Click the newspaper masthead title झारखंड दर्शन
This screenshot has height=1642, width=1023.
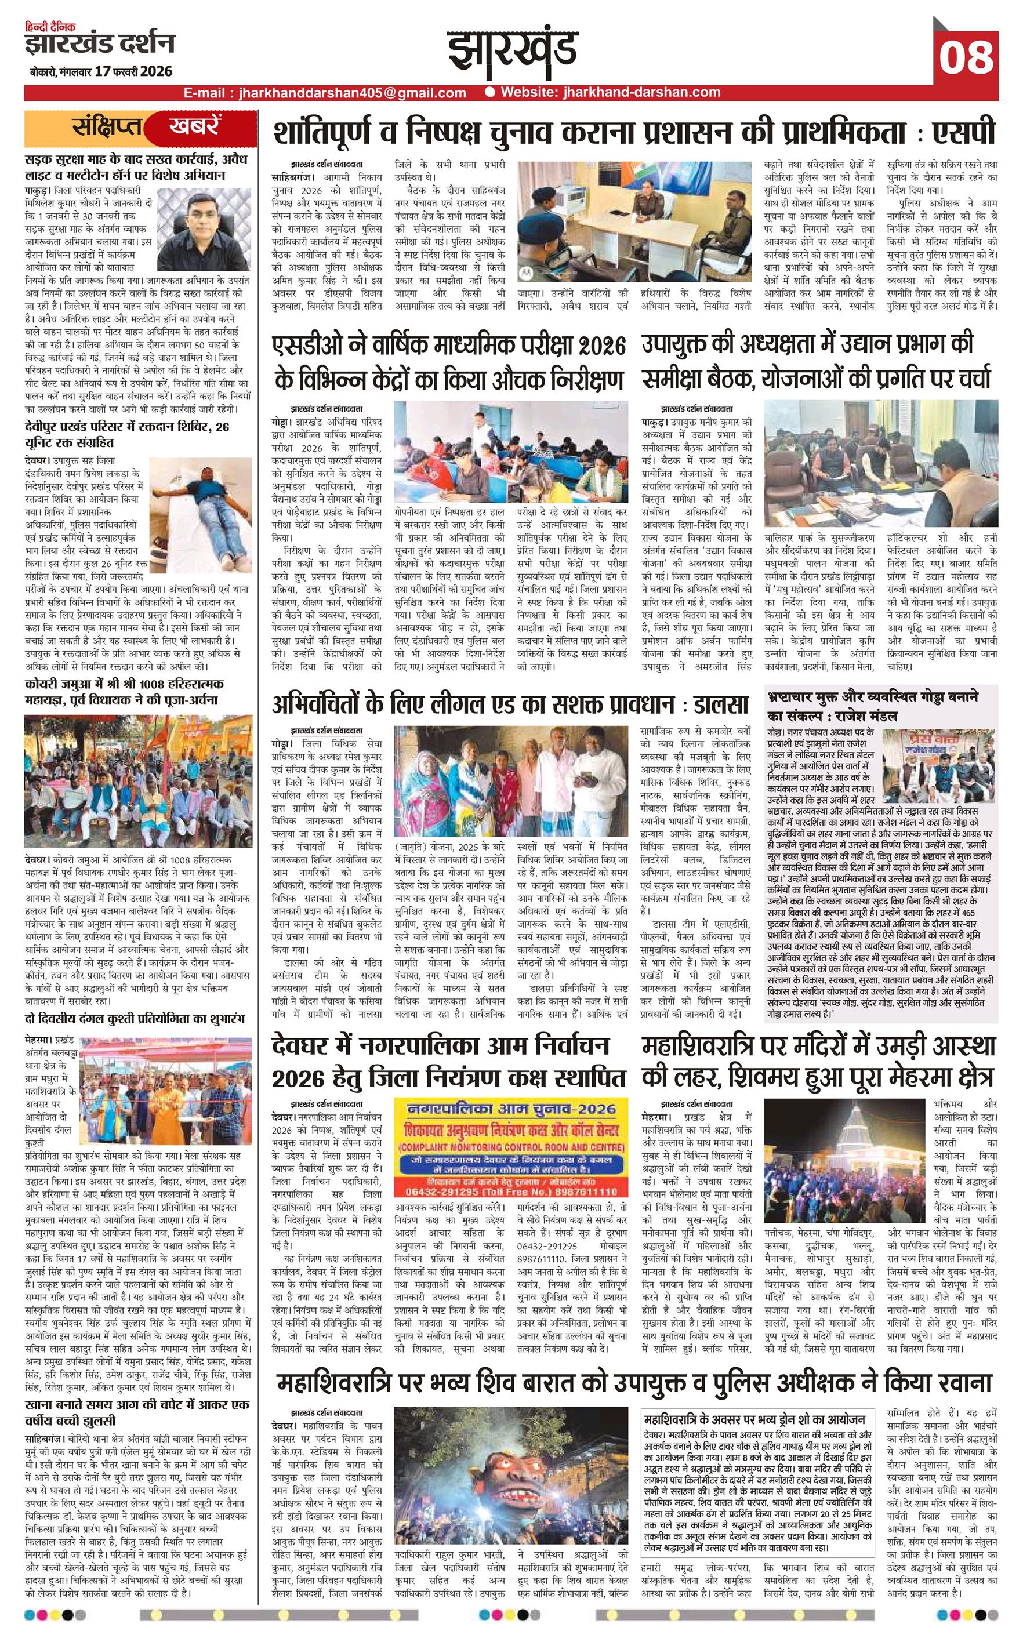coord(100,43)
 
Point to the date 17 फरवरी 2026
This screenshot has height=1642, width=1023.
coord(134,71)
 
